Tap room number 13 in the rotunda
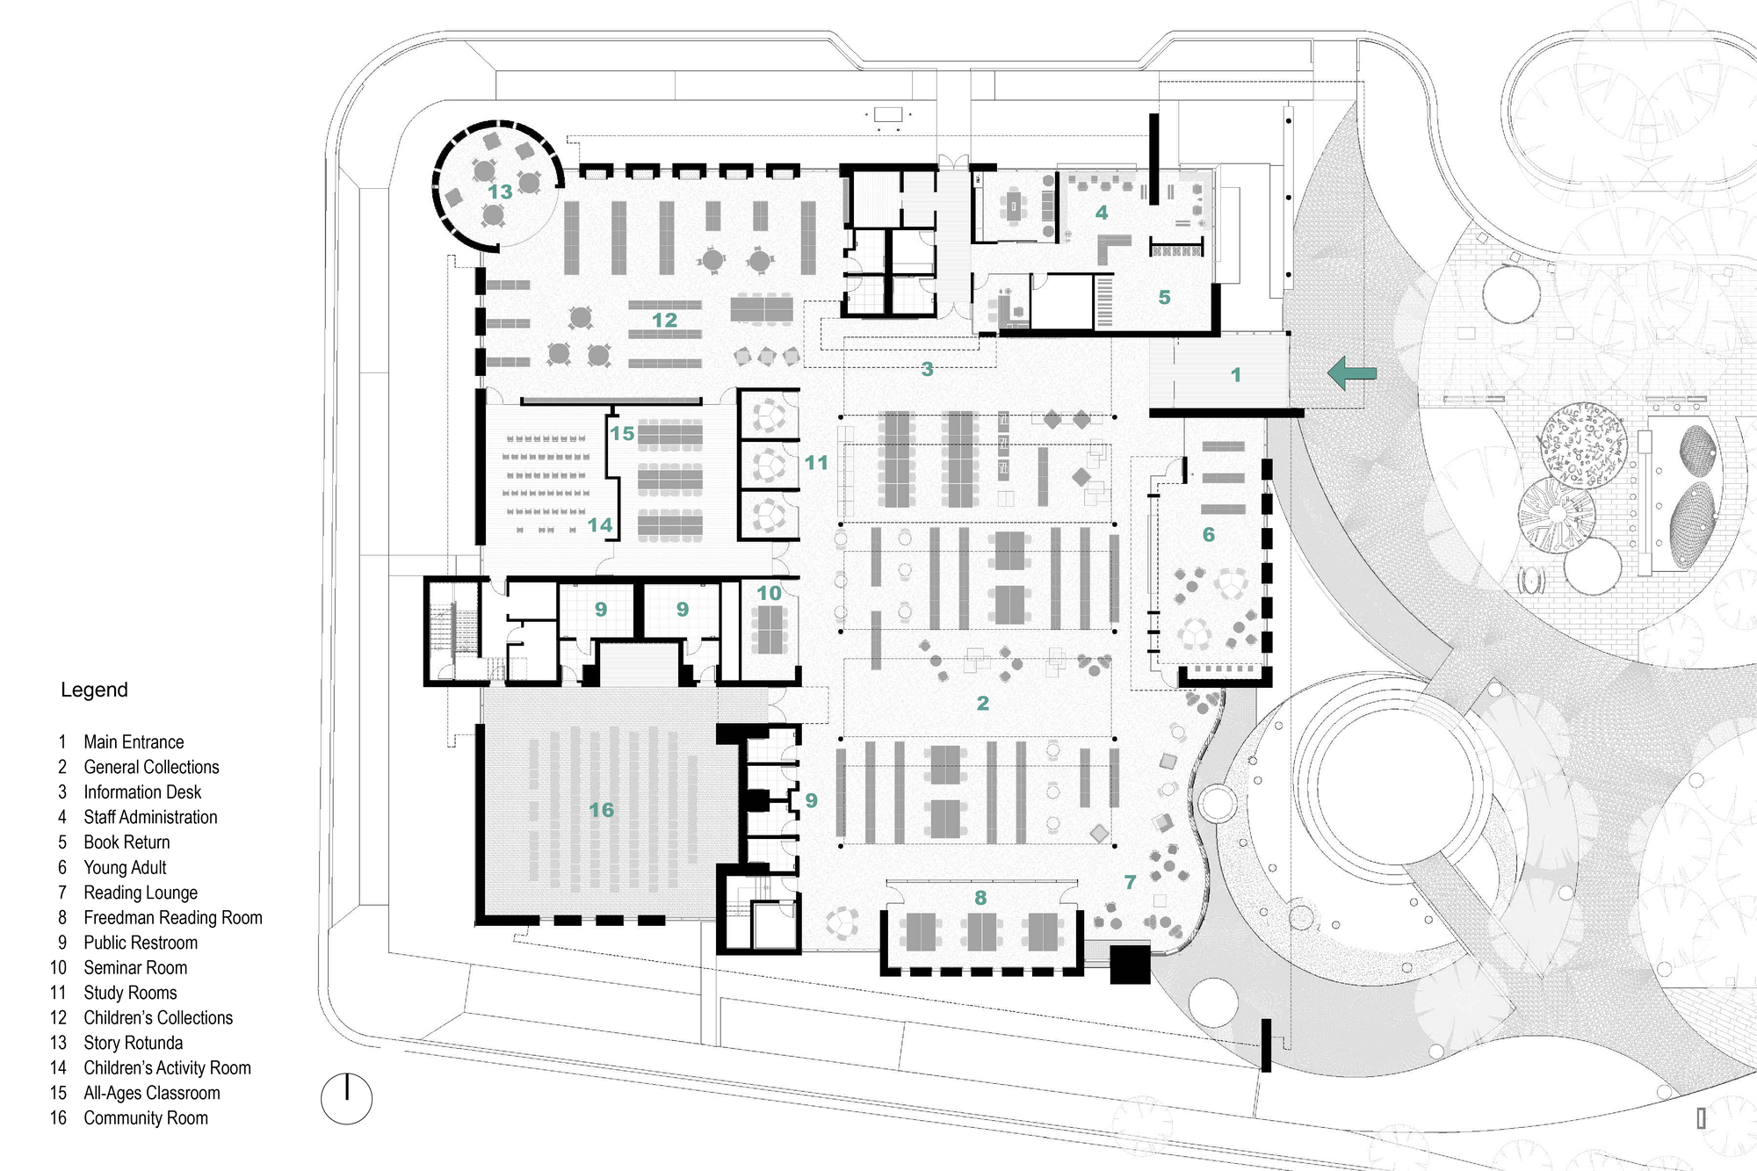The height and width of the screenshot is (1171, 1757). tap(500, 192)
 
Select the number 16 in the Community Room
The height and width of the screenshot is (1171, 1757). tap(601, 810)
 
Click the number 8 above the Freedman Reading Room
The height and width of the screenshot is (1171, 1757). tap(980, 898)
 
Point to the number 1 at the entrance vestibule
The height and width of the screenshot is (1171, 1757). tap(1235, 375)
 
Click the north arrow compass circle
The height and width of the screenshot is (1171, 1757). tap(346, 1098)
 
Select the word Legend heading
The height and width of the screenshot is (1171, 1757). tap(94, 690)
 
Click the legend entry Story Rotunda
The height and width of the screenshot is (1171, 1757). tap(133, 1043)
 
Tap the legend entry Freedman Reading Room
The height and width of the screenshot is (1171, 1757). tap(172, 917)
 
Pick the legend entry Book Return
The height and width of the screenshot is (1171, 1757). tap(127, 842)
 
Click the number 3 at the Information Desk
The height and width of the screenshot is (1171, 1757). tap(927, 370)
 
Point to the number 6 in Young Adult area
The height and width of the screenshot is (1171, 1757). tap(1208, 535)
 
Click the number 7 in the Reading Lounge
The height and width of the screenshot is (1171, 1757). tap(1130, 882)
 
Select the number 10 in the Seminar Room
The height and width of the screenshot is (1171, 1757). tap(769, 594)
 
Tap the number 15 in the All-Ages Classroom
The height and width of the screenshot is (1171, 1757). tap(622, 434)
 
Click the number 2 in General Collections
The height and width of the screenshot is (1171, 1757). tap(982, 704)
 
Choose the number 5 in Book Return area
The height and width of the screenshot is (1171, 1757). tap(1164, 298)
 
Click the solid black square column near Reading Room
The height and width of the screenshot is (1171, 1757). tap(1130, 964)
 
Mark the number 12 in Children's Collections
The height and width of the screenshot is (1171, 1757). tap(664, 321)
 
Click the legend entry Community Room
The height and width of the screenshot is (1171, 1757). tap(145, 1117)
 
